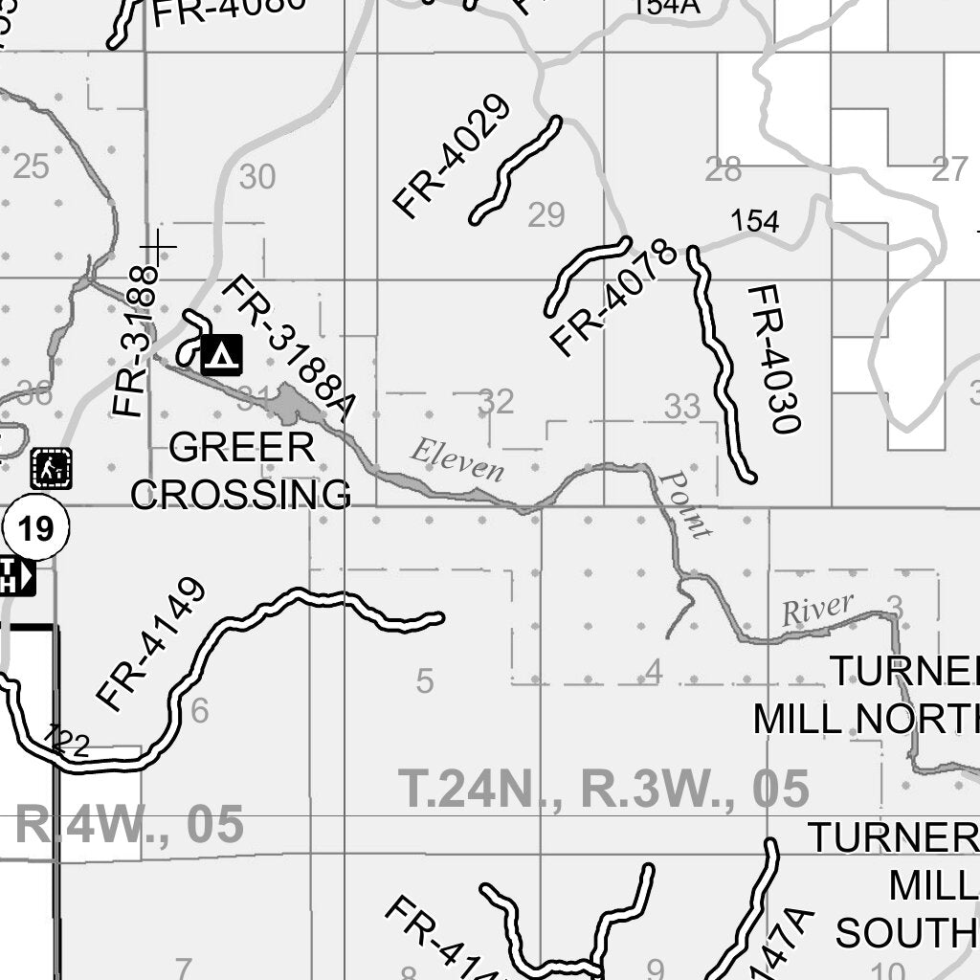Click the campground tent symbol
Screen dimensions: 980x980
tap(222, 355)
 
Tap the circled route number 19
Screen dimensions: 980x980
tap(36, 528)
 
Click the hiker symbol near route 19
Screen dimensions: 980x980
tap(51, 468)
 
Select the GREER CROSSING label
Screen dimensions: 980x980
tap(241, 471)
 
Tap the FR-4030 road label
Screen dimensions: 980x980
tap(773, 358)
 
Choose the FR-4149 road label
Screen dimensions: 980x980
tap(152, 644)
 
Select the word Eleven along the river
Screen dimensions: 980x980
tap(457, 458)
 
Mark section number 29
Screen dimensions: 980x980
tap(546, 215)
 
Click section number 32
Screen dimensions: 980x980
tap(496, 401)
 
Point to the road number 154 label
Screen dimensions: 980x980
tap(755, 221)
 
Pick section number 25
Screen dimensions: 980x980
tap(31, 167)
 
